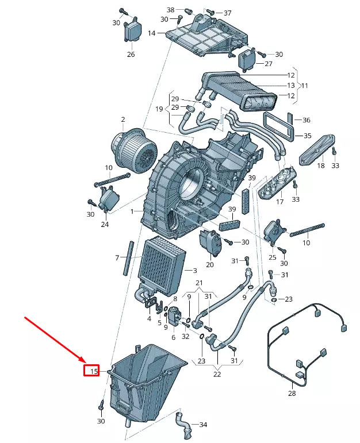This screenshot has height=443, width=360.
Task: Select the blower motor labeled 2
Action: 134,148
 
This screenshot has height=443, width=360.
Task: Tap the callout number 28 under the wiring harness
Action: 292,394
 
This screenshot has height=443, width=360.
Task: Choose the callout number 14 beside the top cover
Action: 151,33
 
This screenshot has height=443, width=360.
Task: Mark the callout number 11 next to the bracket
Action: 304,86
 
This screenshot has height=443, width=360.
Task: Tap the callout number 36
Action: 307,120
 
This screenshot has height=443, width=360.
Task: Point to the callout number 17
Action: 280,202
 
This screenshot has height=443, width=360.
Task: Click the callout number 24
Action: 105,225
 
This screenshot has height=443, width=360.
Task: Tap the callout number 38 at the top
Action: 170,10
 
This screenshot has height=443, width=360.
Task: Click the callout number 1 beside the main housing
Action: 132,211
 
